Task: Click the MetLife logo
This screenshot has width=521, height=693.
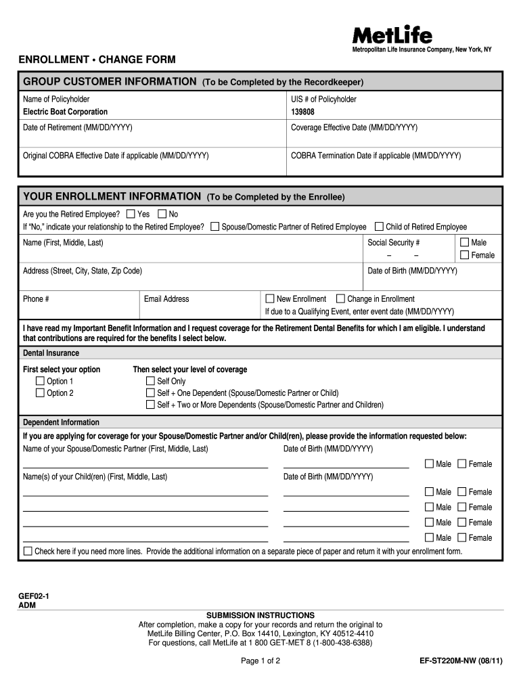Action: (x=392, y=35)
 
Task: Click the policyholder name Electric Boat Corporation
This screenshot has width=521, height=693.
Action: (x=65, y=112)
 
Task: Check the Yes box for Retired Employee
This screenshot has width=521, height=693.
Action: (x=131, y=214)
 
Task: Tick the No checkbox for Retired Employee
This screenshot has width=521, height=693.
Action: (x=162, y=214)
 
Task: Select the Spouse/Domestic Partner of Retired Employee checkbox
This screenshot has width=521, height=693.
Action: (x=215, y=227)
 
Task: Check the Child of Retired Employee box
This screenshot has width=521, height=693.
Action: (x=379, y=227)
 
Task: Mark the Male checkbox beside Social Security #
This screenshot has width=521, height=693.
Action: (x=464, y=242)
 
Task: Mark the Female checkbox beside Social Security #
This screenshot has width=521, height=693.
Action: (x=464, y=255)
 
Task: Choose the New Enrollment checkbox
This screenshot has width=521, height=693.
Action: (x=270, y=298)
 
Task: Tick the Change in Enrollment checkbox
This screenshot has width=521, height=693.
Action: (x=341, y=298)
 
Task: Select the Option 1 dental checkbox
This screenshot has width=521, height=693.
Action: (x=40, y=381)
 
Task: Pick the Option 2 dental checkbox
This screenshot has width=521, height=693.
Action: (x=40, y=393)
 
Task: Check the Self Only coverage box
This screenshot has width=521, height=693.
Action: (x=150, y=381)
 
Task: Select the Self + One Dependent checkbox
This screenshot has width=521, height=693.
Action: (x=150, y=393)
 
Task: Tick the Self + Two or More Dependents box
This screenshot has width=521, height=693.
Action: (x=150, y=405)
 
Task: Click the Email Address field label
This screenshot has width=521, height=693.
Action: (x=166, y=299)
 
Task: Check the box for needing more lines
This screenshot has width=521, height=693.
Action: (x=28, y=552)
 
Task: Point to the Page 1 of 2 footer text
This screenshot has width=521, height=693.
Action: (x=260, y=661)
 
